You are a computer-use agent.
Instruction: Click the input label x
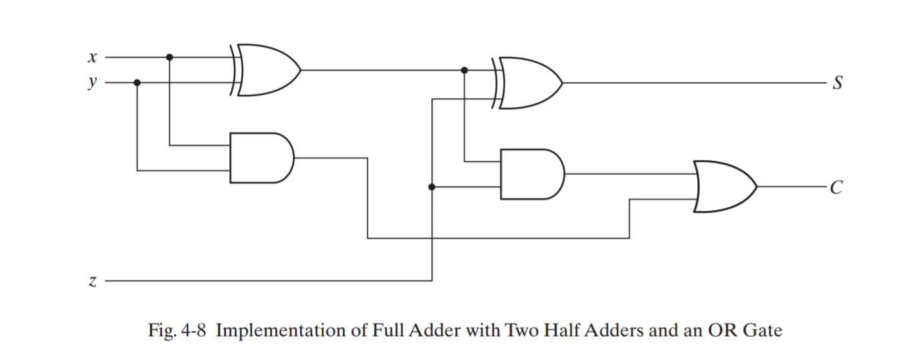[x=93, y=58]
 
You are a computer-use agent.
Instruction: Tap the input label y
[x=93, y=83]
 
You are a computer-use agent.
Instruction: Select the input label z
[x=93, y=281]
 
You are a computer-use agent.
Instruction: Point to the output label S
[x=837, y=83]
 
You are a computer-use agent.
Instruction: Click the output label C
[x=837, y=188]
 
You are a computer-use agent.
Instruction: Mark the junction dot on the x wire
[x=169, y=57]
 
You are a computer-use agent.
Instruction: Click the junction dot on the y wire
[x=137, y=83]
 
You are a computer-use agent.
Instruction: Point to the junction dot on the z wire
[x=432, y=187]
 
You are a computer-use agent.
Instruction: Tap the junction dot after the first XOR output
[x=465, y=70]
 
